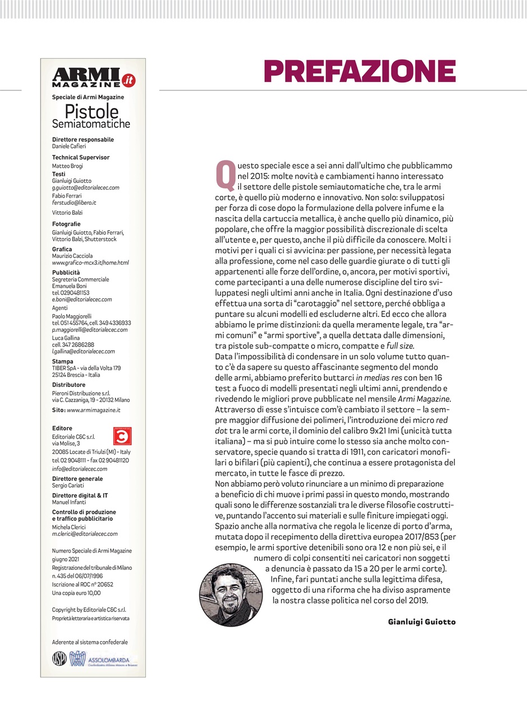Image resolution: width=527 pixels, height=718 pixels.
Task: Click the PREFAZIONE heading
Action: [x=360, y=71]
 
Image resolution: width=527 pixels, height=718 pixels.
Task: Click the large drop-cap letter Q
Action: [x=225, y=174]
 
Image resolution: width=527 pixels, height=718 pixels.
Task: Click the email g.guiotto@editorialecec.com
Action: [x=85, y=188]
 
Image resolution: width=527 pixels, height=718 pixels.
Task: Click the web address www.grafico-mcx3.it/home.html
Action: [x=90, y=263]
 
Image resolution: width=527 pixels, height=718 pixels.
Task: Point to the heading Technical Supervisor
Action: [x=81, y=158]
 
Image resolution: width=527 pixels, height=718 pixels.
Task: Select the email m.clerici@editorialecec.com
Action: [x=85, y=534]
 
